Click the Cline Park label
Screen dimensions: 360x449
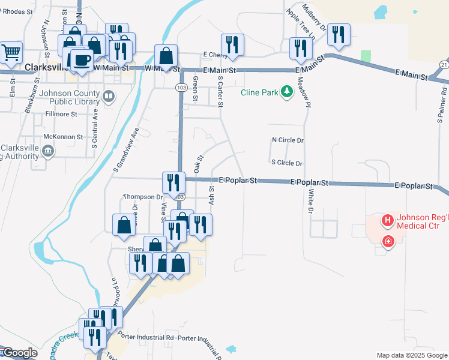259,92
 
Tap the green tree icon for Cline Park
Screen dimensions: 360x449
288,91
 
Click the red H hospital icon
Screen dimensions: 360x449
388,221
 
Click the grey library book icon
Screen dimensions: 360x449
109,95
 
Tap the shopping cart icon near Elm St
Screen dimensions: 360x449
11,52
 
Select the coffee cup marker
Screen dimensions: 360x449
81,59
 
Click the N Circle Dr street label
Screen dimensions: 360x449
288,140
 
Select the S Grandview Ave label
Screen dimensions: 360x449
125,151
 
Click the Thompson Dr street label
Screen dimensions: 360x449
143,197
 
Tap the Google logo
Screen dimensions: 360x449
19,353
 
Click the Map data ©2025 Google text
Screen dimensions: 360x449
411,355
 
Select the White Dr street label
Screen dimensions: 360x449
311,202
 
